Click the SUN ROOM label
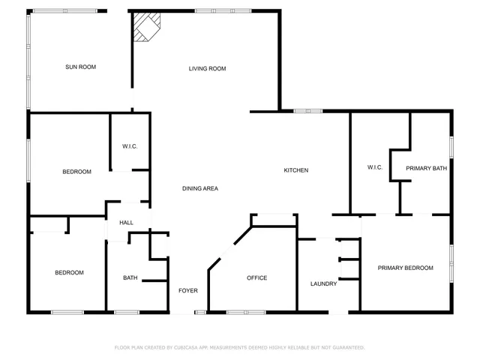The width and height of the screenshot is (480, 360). pyautogui.click(x=80, y=67)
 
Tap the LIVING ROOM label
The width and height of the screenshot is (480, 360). pyautogui.click(x=207, y=69)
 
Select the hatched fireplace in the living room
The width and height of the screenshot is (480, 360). pyautogui.click(x=145, y=30)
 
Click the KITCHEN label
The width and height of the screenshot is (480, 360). pyautogui.click(x=295, y=170)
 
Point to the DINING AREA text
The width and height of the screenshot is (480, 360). pyautogui.click(x=200, y=188)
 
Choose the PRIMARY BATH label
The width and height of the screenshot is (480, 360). pyautogui.click(x=426, y=169)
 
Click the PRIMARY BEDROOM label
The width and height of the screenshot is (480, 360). pyautogui.click(x=405, y=268)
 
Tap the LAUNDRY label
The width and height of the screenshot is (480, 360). pyautogui.click(x=323, y=283)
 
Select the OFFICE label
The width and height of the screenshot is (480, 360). pyautogui.click(x=257, y=278)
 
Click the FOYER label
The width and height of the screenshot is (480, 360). pyautogui.click(x=187, y=291)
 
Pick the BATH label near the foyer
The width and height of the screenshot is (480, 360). pyautogui.click(x=130, y=278)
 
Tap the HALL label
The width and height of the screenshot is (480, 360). pyautogui.click(x=126, y=223)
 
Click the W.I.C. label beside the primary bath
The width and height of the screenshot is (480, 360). pyautogui.click(x=375, y=167)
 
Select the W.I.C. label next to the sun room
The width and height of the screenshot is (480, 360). pyautogui.click(x=130, y=146)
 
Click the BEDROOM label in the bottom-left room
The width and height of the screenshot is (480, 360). pyautogui.click(x=69, y=272)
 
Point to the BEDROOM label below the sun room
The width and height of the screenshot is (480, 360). pyautogui.click(x=76, y=172)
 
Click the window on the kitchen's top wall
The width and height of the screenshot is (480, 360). pyautogui.click(x=307, y=111)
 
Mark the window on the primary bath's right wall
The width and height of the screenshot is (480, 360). pyautogui.click(x=451, y=145)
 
